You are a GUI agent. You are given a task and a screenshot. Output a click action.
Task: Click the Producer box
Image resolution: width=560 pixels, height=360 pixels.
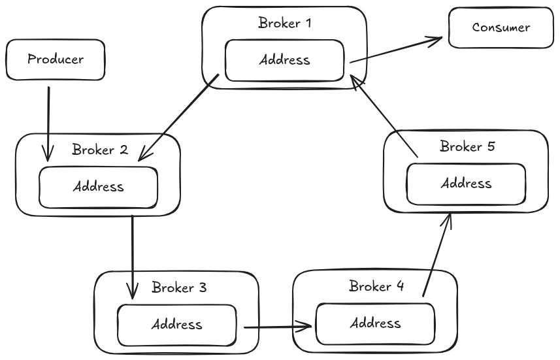(x=55, y=59)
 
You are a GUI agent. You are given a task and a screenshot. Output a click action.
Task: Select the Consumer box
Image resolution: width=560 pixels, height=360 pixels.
(x=501, y=27)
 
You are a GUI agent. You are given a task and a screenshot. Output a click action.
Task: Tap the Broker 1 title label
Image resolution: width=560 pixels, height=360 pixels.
(x=285, y=24)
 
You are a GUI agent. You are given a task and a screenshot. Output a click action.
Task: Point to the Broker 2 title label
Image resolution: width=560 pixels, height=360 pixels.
(x=99, y=150)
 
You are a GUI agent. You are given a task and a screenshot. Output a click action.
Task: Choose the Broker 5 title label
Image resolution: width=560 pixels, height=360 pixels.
(x=467, y=146)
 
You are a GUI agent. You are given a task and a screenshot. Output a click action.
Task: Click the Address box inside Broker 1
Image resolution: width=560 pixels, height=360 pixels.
(x=284, y=60)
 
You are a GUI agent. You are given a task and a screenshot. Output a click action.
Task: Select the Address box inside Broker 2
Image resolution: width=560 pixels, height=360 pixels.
(x=98, y=187)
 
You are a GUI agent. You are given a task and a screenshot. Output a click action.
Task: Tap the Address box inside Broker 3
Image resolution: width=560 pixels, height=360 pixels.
(x=176, y=324)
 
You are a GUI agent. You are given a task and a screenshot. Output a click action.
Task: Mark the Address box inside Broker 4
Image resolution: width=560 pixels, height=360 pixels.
(x=375, y=323)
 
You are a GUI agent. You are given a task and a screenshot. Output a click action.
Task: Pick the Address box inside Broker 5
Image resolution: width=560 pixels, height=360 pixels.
(x=466, y=183)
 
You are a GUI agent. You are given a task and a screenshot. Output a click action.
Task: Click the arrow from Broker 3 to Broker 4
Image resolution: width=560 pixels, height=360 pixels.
(x=277, y=325)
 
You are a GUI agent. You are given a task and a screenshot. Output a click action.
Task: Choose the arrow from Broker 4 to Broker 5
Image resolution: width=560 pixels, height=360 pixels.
(x=436, y=255)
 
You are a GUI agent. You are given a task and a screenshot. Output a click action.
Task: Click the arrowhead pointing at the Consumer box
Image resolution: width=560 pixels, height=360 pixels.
(x=438, y=40)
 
